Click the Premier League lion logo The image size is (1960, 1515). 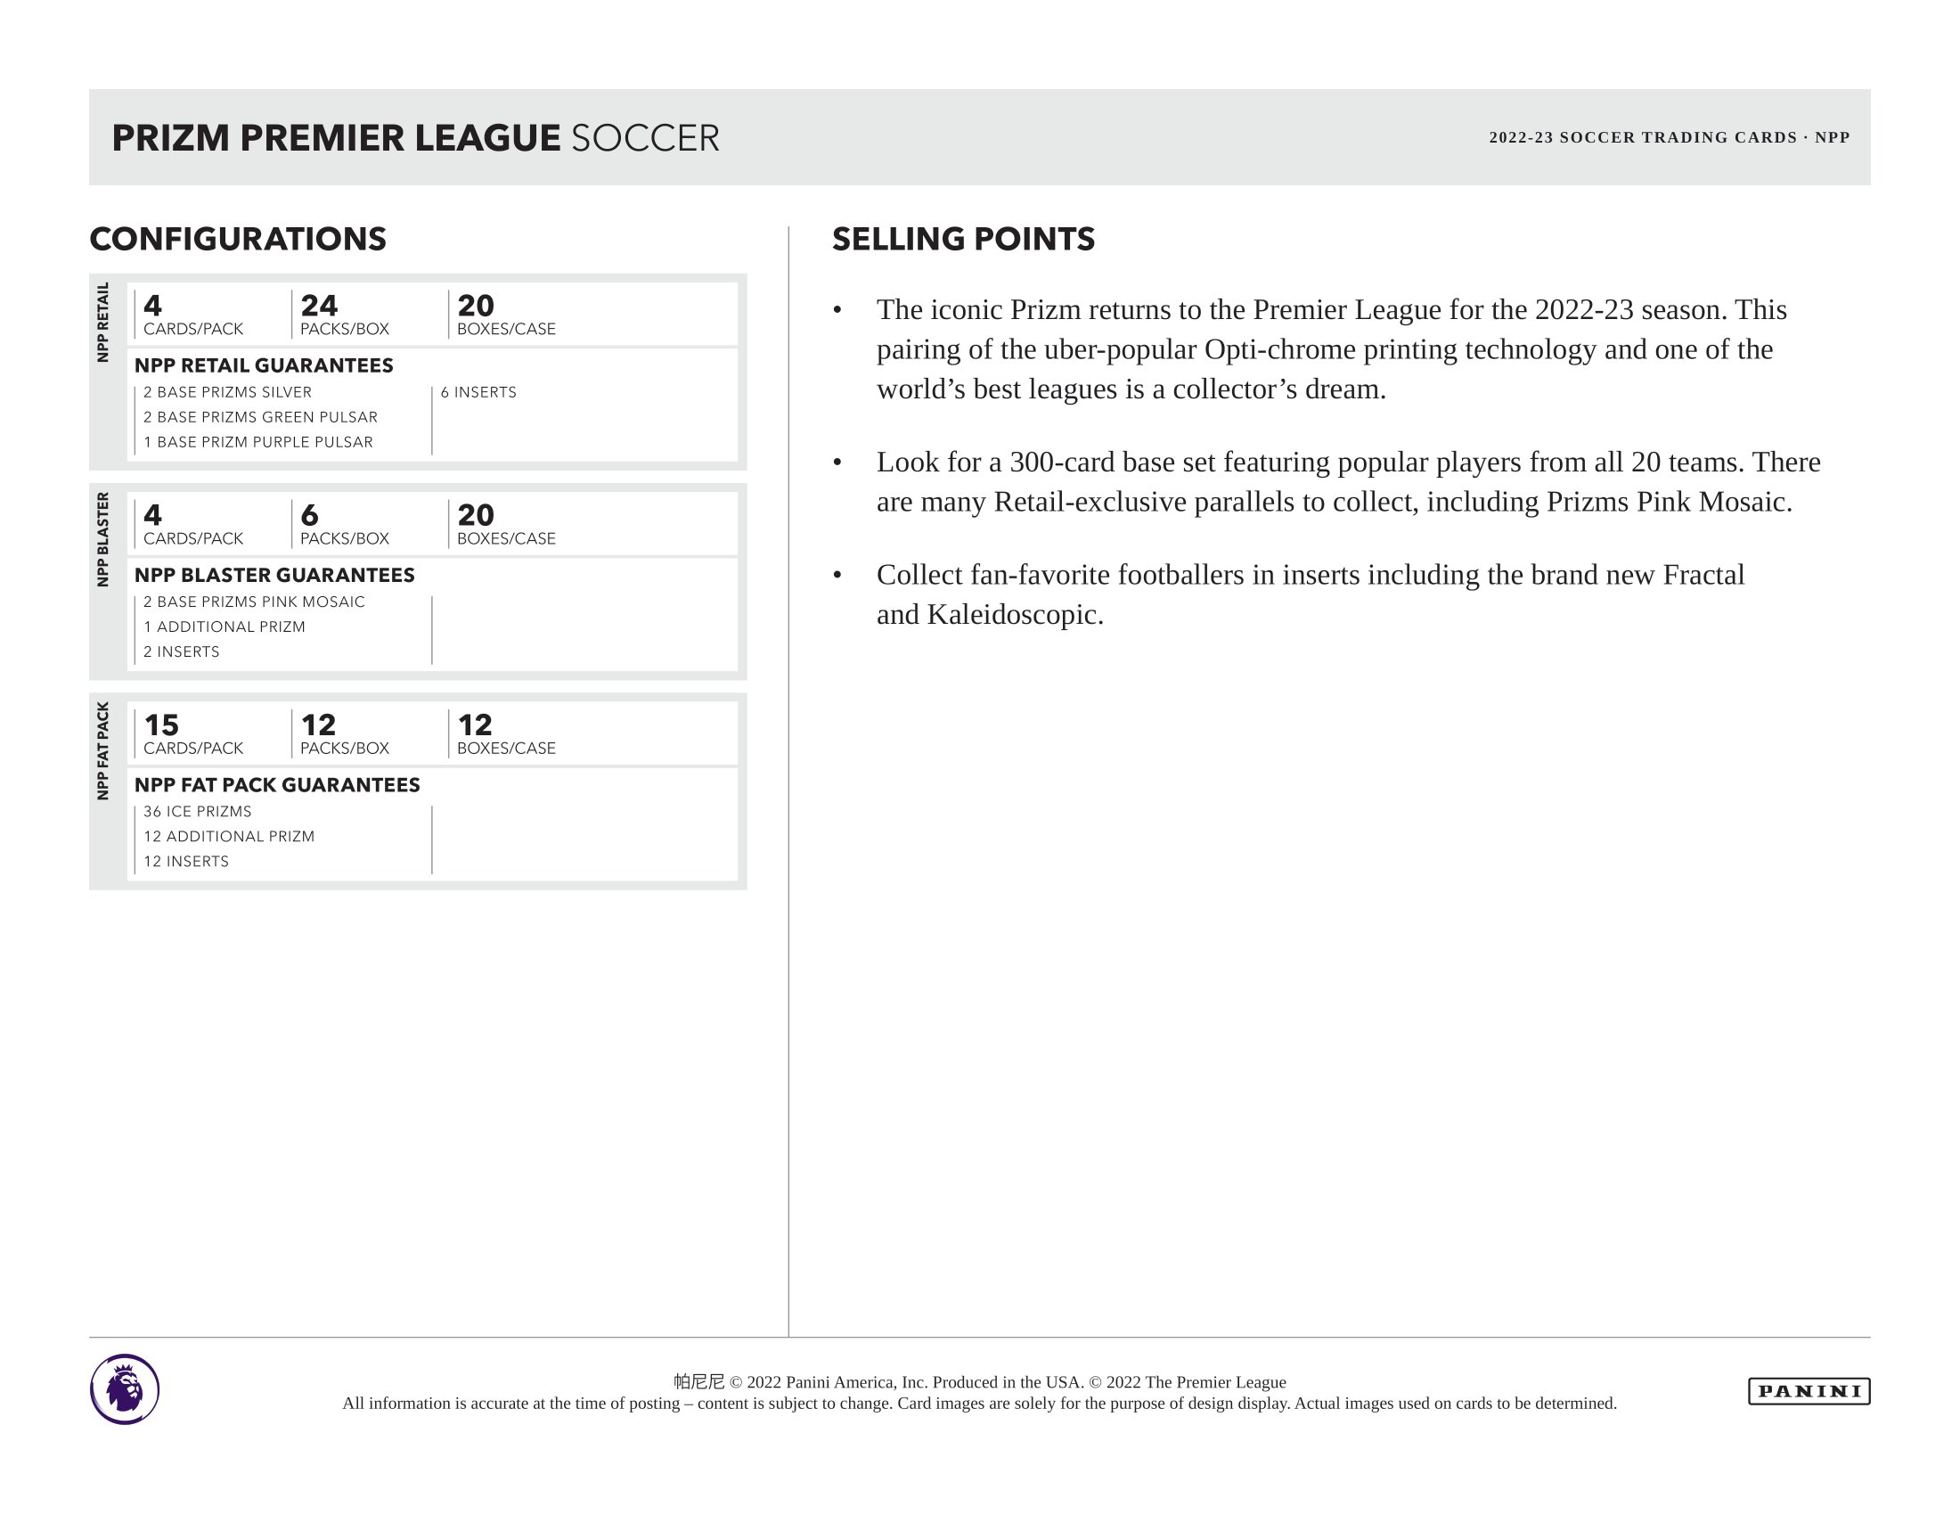point(125,1388)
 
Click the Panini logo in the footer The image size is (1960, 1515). point(1809,1391)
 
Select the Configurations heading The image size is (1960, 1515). point(238,239)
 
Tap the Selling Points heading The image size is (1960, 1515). point(963,239)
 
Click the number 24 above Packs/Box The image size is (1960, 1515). point(319,305)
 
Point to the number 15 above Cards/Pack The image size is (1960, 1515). point(161,725)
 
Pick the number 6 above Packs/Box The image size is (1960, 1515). point(310,515)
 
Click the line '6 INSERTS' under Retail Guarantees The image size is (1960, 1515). point(478,392)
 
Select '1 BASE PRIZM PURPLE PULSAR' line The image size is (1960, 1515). point(258,441)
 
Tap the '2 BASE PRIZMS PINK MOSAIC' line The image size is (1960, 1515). point(254,602)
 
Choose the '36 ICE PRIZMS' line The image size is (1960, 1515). point(198,811)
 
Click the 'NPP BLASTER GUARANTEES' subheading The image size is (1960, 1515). point(274,575)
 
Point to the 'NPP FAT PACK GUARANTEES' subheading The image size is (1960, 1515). point(277,784)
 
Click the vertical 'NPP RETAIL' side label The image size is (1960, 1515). point(103,323)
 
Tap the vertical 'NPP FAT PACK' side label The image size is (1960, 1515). point(103,750)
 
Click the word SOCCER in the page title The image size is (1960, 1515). point(645,138)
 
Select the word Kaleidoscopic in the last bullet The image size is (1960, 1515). point(1014,615)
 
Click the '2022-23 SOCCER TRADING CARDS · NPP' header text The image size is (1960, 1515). point(1670,137)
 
